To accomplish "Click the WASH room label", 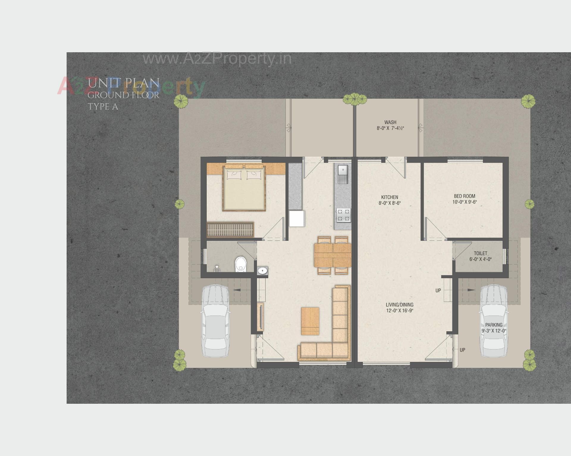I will coord(390,122).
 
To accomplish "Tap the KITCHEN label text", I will coord(390,197).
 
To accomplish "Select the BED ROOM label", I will coord(464,196).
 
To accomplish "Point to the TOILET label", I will coord(480,253).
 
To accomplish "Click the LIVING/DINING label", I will coord(399,305).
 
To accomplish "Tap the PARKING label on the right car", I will coord(494,325).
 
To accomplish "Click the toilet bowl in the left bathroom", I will coord(241,264).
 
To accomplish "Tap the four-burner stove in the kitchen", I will coord(343,215).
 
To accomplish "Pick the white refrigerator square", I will coord(297,218).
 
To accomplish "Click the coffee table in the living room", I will coord(310,321).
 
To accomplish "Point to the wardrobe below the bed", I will coord(230,229).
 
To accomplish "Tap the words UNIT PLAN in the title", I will coord(124,83).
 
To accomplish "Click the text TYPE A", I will coord(103,107).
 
